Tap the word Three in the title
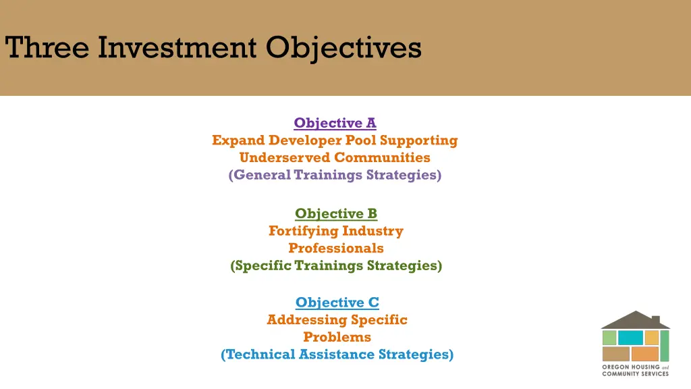click(47, 48)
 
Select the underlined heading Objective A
click(335, 123)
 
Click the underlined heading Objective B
click(335, 213)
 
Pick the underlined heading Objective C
click(337, 303)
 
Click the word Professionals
click(335, 248)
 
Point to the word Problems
click(337, 337)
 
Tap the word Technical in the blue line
click(259, 354)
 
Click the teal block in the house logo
click(630, 338)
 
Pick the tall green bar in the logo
click(664, 345)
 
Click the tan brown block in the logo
click(615, 354)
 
